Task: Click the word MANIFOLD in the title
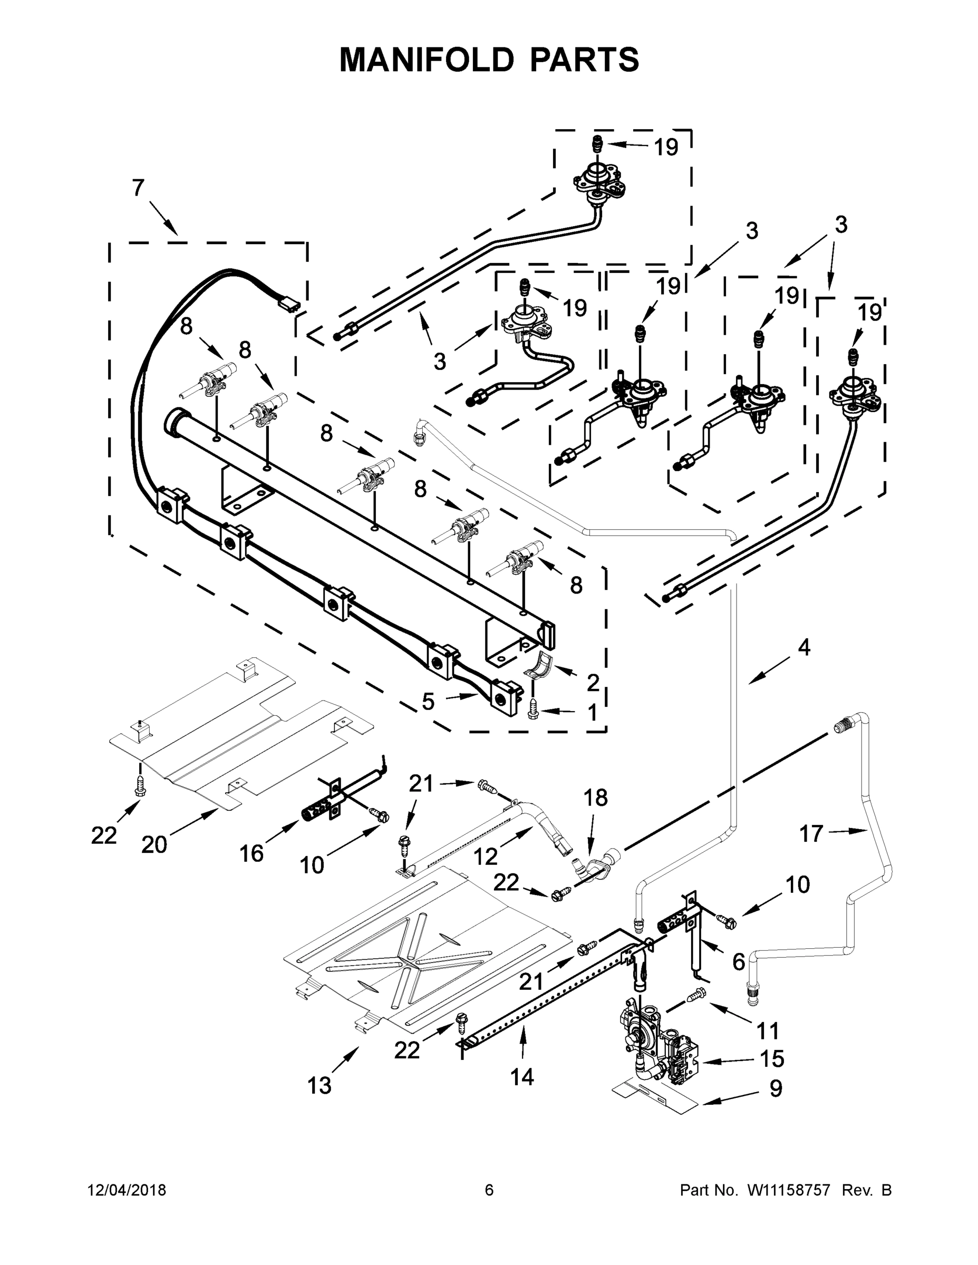click(x=427, y=60)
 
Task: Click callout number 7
click(x=138, y=188)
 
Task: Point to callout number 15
click(x=772, y=1059)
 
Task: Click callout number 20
click(x=154, y=845)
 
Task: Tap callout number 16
click(x=251, y=853)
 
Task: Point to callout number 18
click(x=596, y=797)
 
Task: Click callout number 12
click(x=486, y=856)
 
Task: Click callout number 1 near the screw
click(x=592, y=713)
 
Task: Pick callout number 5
click(x=428, y=702)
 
